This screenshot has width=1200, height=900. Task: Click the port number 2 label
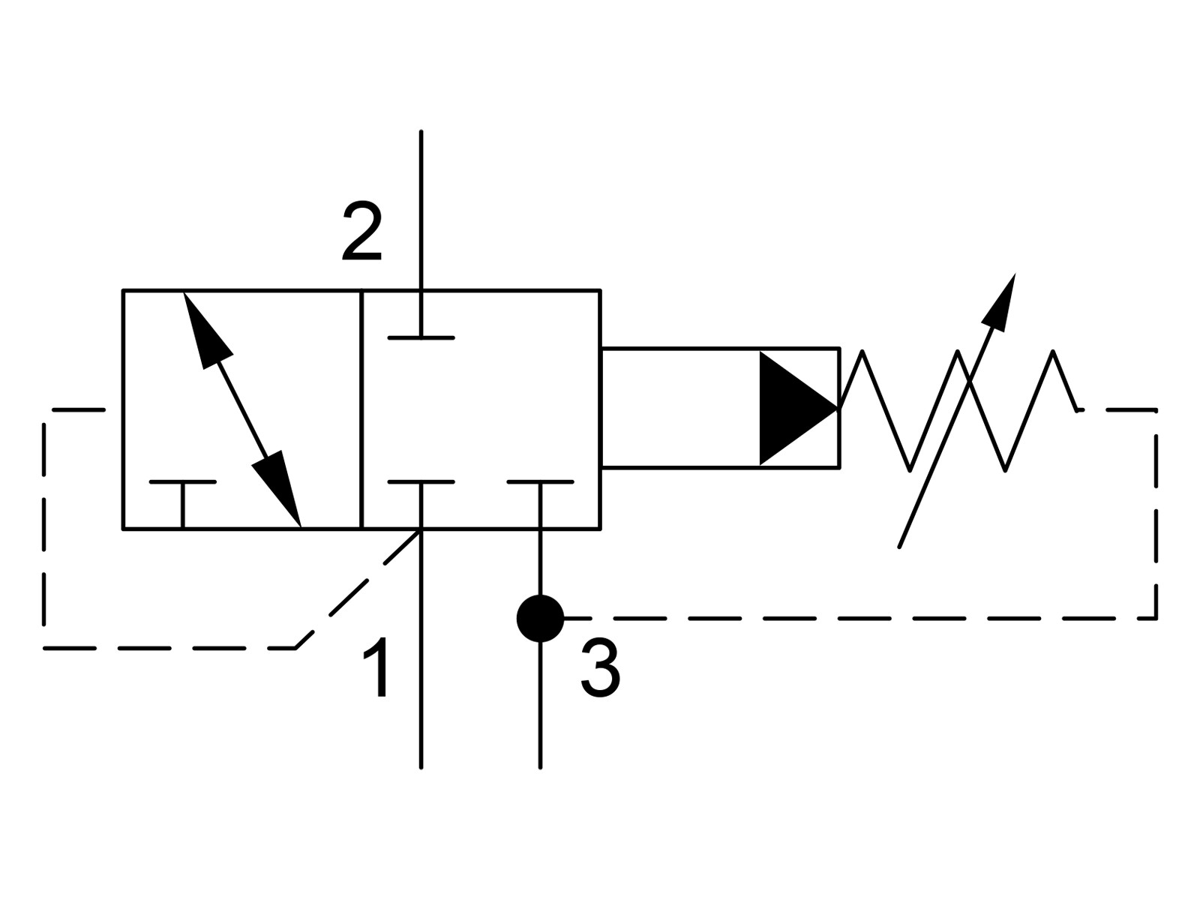(361, 231)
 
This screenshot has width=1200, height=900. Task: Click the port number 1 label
(376, 667)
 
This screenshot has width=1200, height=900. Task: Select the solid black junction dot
(540, 619)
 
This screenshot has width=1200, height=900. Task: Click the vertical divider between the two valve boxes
(362, 409)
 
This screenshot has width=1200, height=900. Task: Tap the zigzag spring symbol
(958, 409)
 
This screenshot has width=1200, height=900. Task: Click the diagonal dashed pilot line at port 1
(358, 589)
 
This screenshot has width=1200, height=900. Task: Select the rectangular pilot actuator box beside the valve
(720, 408)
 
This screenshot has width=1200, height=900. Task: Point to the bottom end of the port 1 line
(421, 767)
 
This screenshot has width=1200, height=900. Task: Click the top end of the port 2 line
(421, 132)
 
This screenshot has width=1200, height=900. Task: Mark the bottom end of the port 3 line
(540, 767)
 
